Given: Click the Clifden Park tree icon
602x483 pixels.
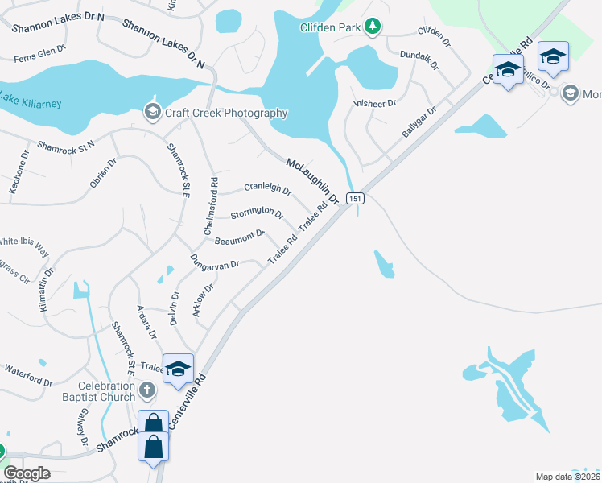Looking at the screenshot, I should (372, 27).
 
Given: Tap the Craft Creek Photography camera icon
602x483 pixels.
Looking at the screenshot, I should (151, 113).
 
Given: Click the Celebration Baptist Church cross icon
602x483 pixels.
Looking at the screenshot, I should (146, 390).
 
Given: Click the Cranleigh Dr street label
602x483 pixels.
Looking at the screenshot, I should (267, 188).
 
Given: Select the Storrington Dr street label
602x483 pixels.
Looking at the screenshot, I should (258, 213).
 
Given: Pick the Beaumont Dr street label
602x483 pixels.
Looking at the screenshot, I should (240, 236).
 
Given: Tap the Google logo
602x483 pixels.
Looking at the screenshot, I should (27, 473).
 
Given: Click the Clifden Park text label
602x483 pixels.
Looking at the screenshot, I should (329, 27).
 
